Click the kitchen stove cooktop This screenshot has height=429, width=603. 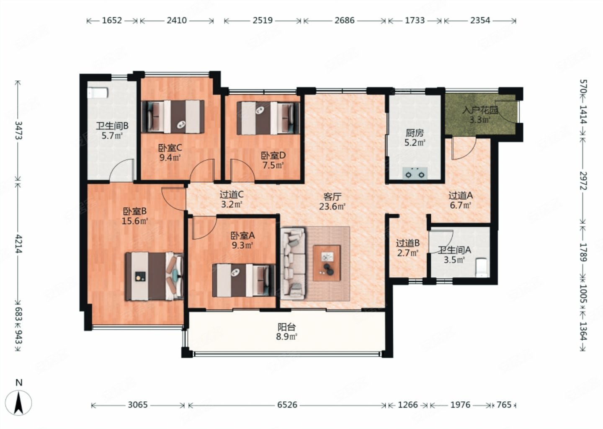click(415, 173)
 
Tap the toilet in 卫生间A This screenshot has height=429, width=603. click(481, 268)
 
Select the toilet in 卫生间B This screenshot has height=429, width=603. click(98, 93)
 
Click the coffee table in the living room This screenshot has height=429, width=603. click(327, 263)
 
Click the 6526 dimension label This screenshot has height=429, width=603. click(287, 405)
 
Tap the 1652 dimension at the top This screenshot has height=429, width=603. click(112, 21)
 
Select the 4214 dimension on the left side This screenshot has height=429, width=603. click(18, 244)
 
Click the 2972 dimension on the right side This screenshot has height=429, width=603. click(583, 181)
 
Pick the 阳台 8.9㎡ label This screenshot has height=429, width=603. click(286, 332)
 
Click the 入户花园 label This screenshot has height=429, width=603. click(480, 110)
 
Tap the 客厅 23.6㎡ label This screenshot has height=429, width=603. click(332, 202)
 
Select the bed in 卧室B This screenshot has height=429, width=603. click(154, 277)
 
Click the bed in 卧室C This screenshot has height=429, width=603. click(173, 116)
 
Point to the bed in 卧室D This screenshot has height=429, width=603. click(268, 118)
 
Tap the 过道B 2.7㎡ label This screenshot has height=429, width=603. click(407, 248)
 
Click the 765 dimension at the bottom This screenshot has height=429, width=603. click(504, 405)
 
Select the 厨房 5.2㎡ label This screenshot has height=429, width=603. click(415, 137)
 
